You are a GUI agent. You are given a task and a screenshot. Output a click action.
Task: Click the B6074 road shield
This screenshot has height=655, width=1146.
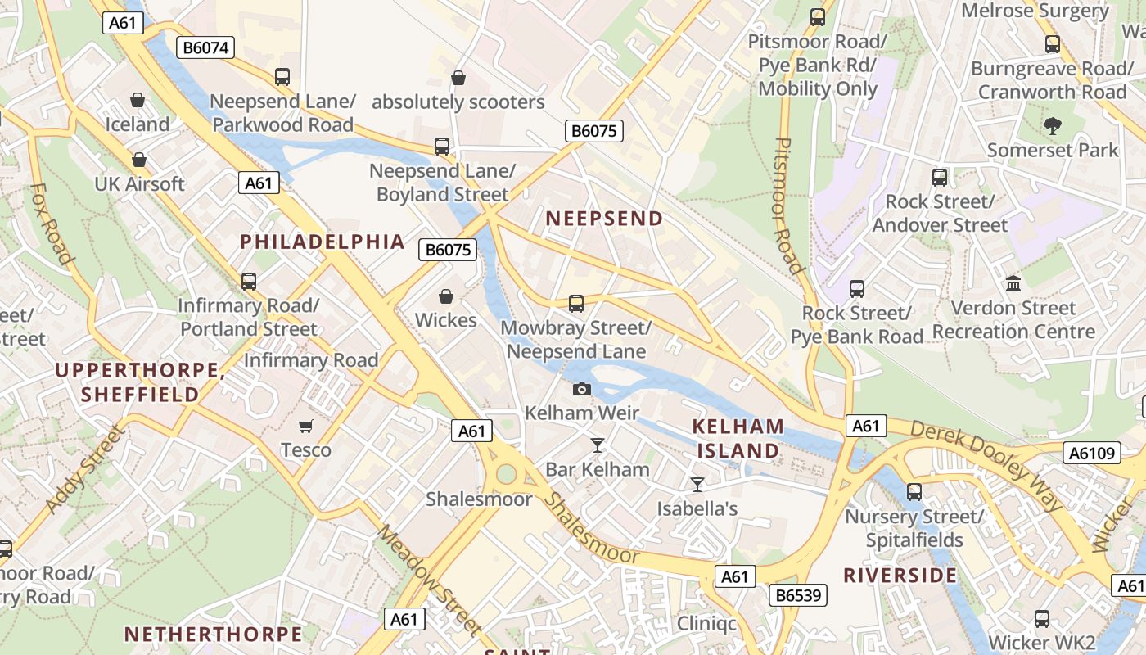tap(205, 47)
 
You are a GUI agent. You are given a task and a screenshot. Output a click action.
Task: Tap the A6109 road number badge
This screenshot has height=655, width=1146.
tap(1093, 453)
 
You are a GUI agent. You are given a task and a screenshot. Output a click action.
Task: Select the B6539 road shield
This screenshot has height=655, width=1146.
tap(798, 595)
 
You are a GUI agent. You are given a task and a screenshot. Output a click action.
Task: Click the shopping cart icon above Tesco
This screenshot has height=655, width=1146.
tap(306, 425)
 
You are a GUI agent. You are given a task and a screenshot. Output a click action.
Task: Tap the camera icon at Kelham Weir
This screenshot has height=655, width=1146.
tap(582, 389)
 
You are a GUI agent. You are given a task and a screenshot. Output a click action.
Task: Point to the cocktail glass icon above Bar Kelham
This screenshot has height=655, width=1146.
tap(598, 445)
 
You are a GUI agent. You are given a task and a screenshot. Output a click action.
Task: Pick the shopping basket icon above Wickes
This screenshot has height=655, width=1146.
tap(446, 296)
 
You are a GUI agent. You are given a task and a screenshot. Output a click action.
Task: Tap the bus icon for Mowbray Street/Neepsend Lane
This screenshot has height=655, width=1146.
tap(576, 304)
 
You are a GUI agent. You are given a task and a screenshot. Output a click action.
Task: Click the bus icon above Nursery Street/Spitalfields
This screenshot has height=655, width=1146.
tap(914, 492)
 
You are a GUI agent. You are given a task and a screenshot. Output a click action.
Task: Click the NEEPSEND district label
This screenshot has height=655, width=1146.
tap(604, 219)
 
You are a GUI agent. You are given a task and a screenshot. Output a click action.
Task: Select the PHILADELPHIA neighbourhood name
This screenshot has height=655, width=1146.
tap(323, 242)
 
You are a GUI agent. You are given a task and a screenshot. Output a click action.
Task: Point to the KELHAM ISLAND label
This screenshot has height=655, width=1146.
tap(738, 439)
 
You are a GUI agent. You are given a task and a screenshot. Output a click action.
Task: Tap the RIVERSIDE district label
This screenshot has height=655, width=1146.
tap(900, 576)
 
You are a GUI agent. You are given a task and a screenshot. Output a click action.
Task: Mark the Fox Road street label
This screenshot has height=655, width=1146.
tap(51, 224)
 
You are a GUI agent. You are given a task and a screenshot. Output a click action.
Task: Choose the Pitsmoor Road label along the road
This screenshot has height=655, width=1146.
tap(787, 205)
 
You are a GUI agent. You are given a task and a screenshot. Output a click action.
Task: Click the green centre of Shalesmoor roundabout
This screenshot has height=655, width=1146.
tap(506, 474)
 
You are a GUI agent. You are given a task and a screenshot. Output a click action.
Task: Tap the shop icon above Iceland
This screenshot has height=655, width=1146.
tap(138, 100)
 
